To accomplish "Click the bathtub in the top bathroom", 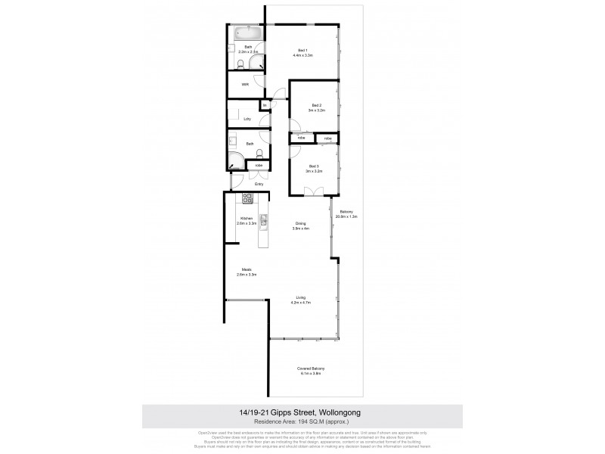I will pyautogui.click(x=247, y=33).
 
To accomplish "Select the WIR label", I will pyautogui.click(x=245, y=85).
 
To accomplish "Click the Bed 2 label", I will pyautogui.click(x=315, y=105).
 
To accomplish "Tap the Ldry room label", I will pyautogui.click(x=247, y=119).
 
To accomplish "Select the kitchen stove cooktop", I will pyautogui.click(x=247, y=199).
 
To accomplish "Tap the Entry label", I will pyautogui.click(x=259, y=183).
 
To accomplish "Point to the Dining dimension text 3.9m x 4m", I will pyautogui.click(x=300, y=228).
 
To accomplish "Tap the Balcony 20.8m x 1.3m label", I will pyautogui.click(x=347, y=213).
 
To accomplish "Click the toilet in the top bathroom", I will pyautogui.click(x=240, y=64).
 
